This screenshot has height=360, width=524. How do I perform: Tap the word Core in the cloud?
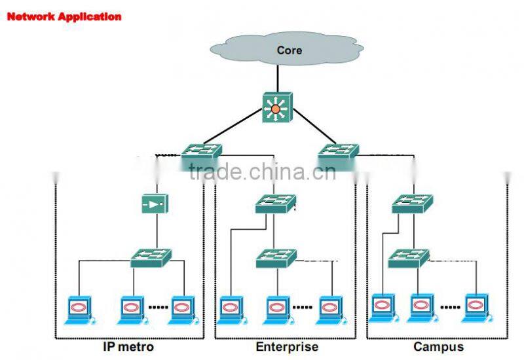pyautogui.click(x=289, y=50)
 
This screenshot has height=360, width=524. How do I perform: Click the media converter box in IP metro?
pyautogui.click(x=155, y=204)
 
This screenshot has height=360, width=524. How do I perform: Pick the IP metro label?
pyautogui.click(x=128, y=347)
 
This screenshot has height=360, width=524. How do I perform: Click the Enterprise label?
pyautogui.click(x=286, y=347)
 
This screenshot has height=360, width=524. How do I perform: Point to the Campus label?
pyautogui.click(x=438, y=347)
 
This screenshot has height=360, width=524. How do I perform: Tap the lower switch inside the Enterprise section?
pyautogui.click(x=276, y=257)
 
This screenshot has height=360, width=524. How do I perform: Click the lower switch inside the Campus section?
pyautogui.click(x=408, y=257)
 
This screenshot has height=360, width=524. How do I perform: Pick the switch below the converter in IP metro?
pyautogui.click(x=151, y=257)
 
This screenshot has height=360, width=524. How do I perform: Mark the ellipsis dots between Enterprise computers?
pyautogui.click(x=302, y=306)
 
